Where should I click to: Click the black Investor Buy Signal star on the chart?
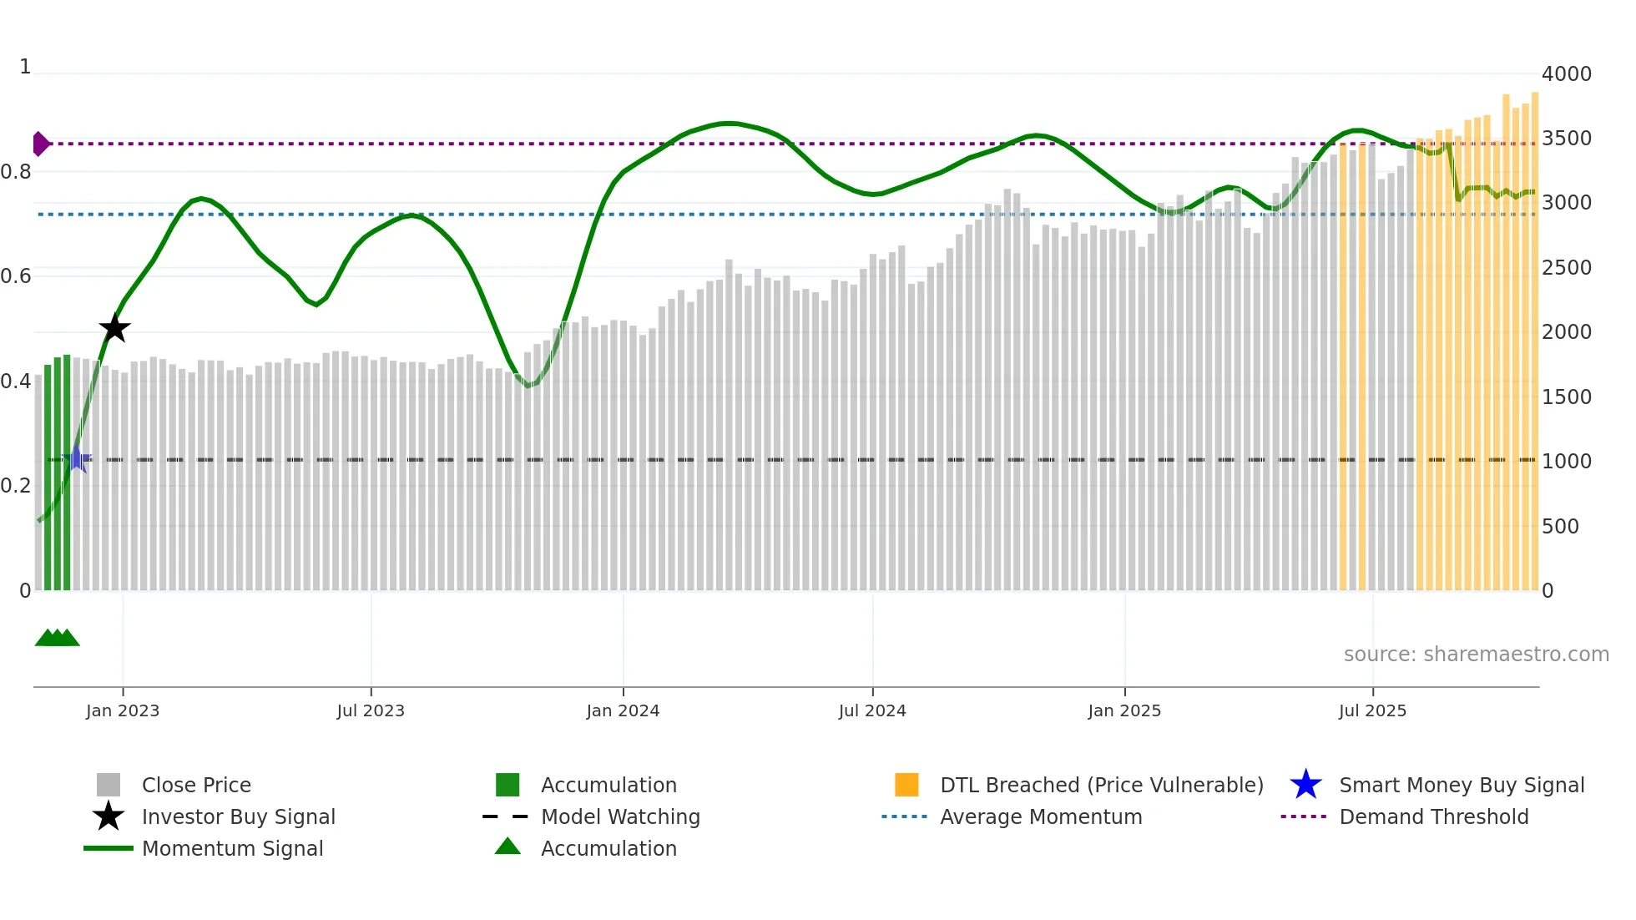pos(114,328)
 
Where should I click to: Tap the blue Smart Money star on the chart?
pos(78,458)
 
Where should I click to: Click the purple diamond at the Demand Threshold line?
pos(40,144)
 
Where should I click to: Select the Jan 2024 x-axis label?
pos(623,710)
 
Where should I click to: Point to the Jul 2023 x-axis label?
pos(371,710)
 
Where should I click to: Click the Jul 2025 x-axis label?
pos(1372,710)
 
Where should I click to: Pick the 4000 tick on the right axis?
pos(1566,73)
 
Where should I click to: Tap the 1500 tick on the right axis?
pos(1566,397)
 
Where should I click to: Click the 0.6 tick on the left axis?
pos(16,275)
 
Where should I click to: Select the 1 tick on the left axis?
pos(25,67)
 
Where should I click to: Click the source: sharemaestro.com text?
pos(1476,654)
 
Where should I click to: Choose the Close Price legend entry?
pos(195,785)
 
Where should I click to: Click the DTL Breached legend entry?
pos(1100,785)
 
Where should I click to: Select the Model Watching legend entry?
pos(619,816)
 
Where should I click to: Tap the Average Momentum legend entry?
pos(1040,816)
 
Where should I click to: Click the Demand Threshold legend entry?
pos(1433,816)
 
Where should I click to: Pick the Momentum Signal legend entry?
pos(231,848)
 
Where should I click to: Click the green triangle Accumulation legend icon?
pos(507,847)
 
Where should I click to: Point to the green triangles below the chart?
pos(57,638)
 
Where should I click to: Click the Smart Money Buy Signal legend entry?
pos(1461,785)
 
